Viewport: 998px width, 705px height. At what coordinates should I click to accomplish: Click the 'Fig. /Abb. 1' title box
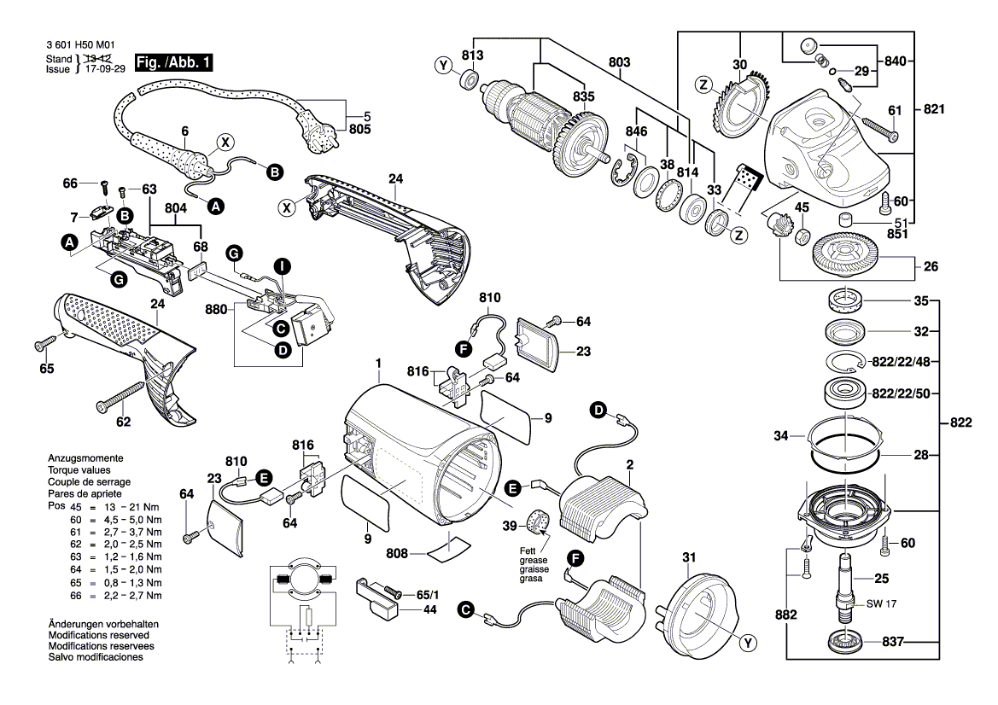click(x=174, y=62)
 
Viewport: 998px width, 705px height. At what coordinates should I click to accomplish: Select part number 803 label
click(x=619, y=62)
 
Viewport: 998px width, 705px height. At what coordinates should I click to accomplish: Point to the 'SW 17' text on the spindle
click(x=881, y=603)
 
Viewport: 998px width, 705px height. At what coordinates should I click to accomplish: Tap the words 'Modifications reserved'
click(x=99, y=635)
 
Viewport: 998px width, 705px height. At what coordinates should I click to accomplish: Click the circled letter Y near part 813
click(x=444, y=66)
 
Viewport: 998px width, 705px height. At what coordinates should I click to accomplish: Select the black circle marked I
click(x=282, y=265)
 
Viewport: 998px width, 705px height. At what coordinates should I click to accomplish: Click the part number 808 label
click(x=396, y=554)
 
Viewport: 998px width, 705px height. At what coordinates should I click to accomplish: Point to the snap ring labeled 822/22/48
click(x=843, y=362)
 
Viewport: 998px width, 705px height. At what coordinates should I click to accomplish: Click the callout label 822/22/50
click(x=901, y=393)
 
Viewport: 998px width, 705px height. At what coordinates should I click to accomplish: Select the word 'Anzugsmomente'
click(x=86, y=458)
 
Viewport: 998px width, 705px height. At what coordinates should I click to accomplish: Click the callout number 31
click(x=689, y=557)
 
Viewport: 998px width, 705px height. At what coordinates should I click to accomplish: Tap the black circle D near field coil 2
click(x=598, y=411)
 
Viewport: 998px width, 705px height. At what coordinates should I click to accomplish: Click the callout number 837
click(x=893, y=642)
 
